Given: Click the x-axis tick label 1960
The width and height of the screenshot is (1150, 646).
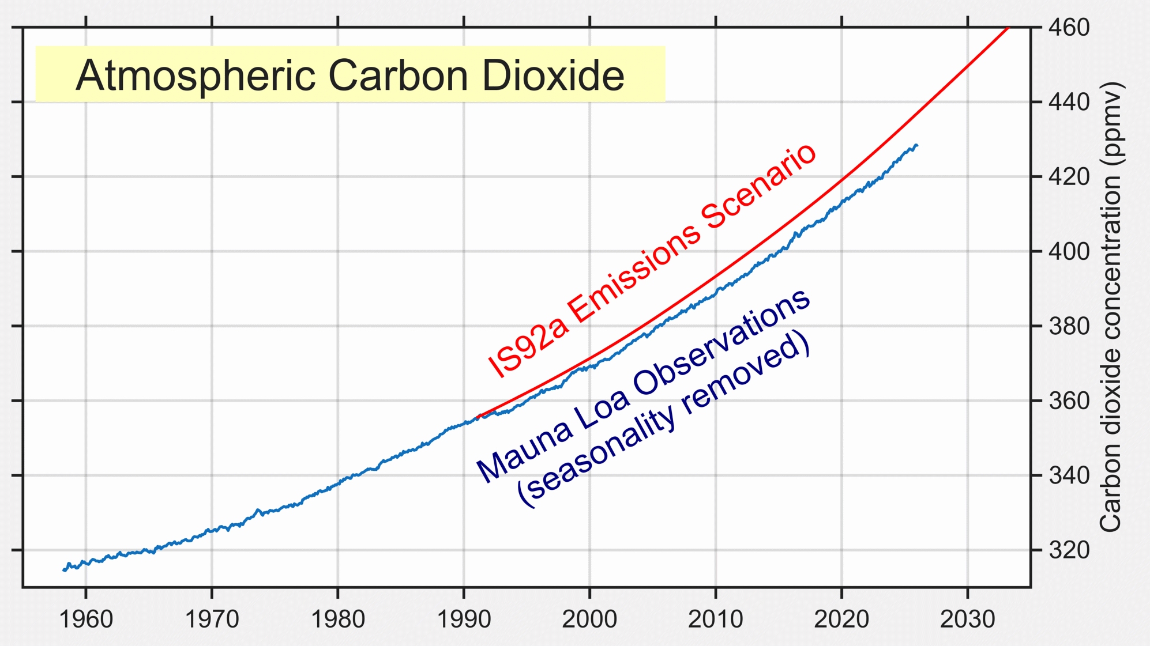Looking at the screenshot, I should [86, 620].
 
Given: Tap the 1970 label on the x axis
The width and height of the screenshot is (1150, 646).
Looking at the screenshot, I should [212, 620].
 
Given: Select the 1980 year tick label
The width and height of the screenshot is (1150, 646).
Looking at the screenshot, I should [338, 620].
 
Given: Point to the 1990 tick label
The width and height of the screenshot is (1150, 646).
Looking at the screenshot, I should [464, 620].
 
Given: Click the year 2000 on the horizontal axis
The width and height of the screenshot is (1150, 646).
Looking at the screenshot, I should [589, 620].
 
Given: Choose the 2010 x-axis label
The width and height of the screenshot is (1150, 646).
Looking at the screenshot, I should [716, 620].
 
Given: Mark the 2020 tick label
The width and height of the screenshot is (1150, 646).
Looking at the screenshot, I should [841, 620].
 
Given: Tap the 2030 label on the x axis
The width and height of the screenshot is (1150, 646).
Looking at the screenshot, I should [967, 620].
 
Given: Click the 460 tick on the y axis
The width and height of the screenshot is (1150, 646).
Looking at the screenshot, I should [1069, 28].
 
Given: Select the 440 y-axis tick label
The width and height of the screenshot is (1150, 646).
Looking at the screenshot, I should [1069, 103].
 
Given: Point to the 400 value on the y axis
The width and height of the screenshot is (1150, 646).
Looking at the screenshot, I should [1069, 252].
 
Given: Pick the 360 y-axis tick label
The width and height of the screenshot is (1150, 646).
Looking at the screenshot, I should [1069, 401].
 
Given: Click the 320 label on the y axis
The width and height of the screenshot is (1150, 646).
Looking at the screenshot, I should [1069, 550].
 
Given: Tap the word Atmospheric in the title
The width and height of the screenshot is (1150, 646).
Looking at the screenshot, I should [196, 75].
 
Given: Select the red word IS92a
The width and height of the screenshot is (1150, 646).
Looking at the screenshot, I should [528, 346].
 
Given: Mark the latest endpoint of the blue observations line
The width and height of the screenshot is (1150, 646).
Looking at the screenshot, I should [916, 145].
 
